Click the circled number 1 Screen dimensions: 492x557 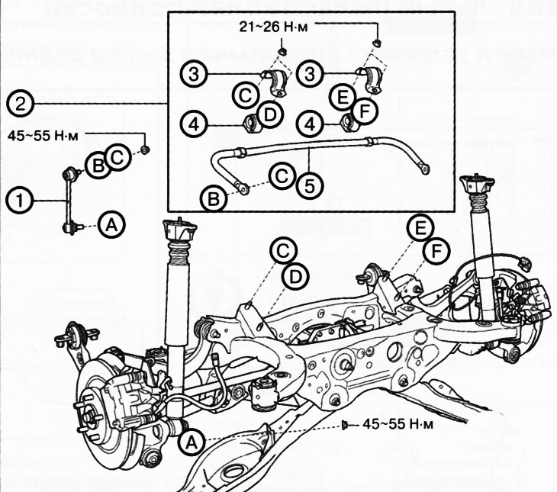point(18,201)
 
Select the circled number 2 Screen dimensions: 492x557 point(18,102)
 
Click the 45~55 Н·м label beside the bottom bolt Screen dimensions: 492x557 point(393,424)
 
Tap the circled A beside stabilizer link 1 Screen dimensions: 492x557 point(111,225)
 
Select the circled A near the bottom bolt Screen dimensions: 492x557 point(191,440)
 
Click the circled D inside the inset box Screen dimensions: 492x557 point(270,114)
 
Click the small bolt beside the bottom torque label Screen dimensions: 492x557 point(345,423)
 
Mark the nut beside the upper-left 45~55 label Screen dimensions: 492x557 point(146,148)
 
